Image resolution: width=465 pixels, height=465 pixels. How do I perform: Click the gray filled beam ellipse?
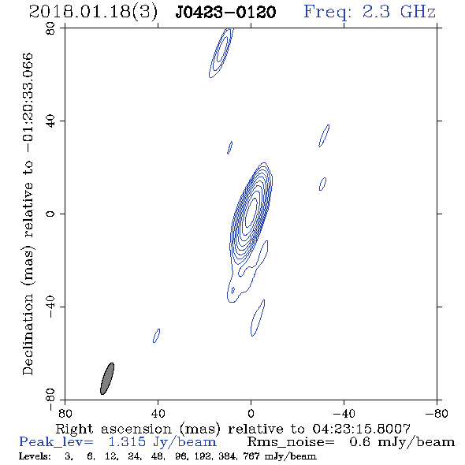tap(107, 379)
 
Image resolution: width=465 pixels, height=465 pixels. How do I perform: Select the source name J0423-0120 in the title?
tap(225, 13)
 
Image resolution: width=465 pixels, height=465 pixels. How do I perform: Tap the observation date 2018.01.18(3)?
tap(93, 13)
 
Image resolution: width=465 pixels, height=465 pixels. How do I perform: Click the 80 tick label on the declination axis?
tap(50, 28)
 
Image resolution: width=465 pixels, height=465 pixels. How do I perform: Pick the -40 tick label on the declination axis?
tap(50, 307)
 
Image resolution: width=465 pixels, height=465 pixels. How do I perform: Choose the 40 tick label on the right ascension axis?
tap(158, 413)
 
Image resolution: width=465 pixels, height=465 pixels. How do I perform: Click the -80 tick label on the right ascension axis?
tap(437, 413)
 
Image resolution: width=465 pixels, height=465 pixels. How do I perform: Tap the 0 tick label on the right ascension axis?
tap(251, 413)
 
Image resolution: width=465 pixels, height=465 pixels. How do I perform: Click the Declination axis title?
tap(28, 214)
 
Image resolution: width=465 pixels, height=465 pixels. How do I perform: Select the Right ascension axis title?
tap(233, 429)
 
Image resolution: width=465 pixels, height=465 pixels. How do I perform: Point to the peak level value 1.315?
tap(127, 442)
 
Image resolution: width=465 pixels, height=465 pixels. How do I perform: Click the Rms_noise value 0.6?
tap(359, 442)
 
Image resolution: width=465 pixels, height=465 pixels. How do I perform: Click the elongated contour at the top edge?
tap(221, 53)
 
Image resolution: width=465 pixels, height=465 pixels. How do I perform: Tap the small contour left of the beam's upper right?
tap(156, 336)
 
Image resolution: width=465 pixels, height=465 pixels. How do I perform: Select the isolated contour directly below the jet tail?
tap(258, 318)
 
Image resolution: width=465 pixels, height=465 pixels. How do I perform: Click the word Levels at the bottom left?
tap(35, 456)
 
